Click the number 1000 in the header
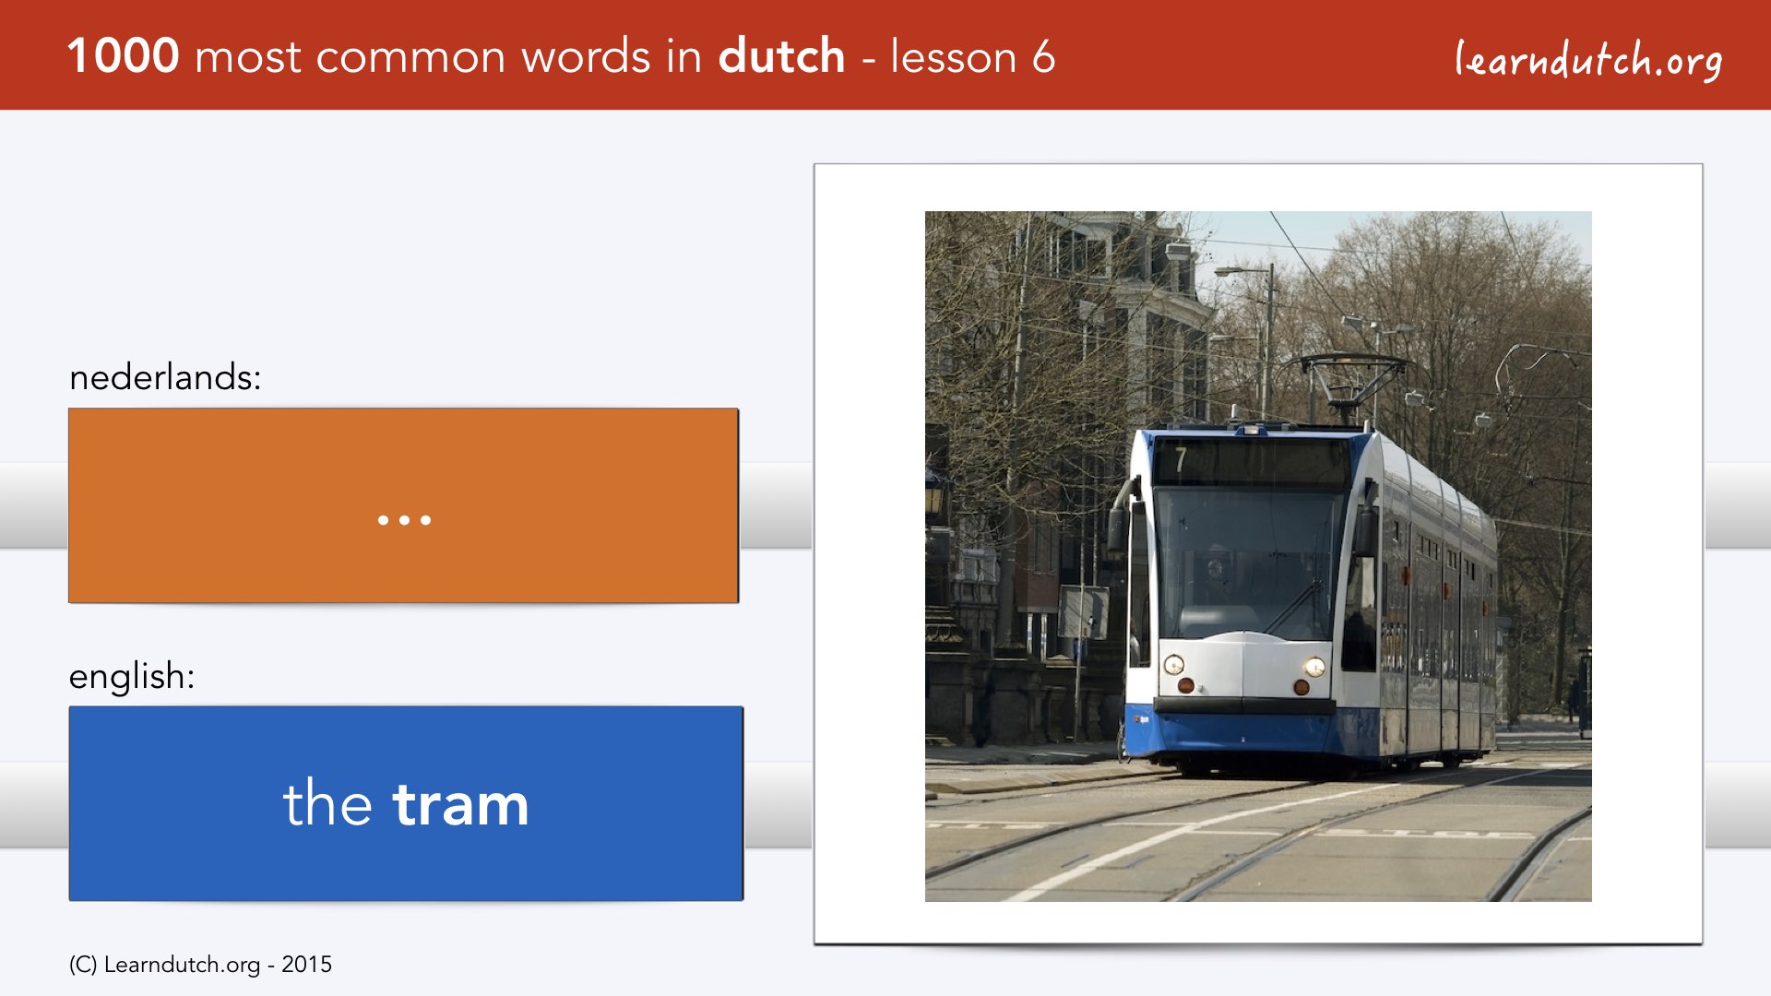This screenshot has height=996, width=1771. coord(124,55)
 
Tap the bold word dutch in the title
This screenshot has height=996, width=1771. coord(781,55)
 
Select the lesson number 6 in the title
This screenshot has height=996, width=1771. coord(1043,56)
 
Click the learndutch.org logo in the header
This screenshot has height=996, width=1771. coord(1588,60)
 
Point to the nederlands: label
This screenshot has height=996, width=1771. coord(165,376)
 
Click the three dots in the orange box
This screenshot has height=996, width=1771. coord(404,520)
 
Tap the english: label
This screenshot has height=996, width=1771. coord(132,676)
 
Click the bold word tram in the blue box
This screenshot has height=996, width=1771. coord(460,804)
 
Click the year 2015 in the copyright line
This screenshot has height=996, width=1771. coord(306,964)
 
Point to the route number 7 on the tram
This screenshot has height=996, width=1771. coord(1180,459)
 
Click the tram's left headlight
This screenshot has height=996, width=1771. coord(1173,664)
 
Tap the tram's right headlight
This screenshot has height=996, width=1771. coord(1314,667)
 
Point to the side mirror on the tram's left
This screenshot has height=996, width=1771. coord(1119,528)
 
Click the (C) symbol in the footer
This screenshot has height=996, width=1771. coord(82,965)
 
